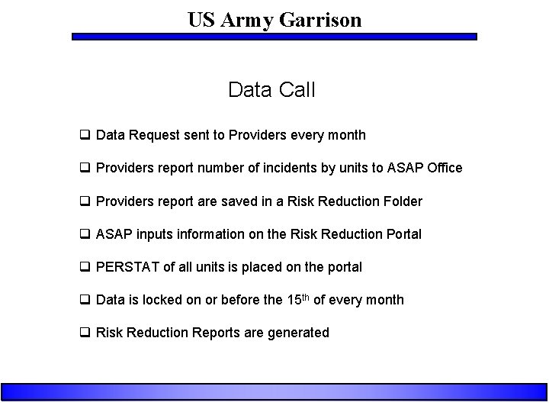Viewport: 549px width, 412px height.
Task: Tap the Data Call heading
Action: coord(271,90)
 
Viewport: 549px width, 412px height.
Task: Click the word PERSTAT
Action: coord(128,267)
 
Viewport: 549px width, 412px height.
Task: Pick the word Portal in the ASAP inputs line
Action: coord(401,234)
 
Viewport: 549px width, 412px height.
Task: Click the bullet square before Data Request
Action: coord(86,135)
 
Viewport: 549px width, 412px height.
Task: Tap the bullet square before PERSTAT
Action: coord(86,267)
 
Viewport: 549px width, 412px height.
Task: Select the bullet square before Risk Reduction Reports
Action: coord(86,333)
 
